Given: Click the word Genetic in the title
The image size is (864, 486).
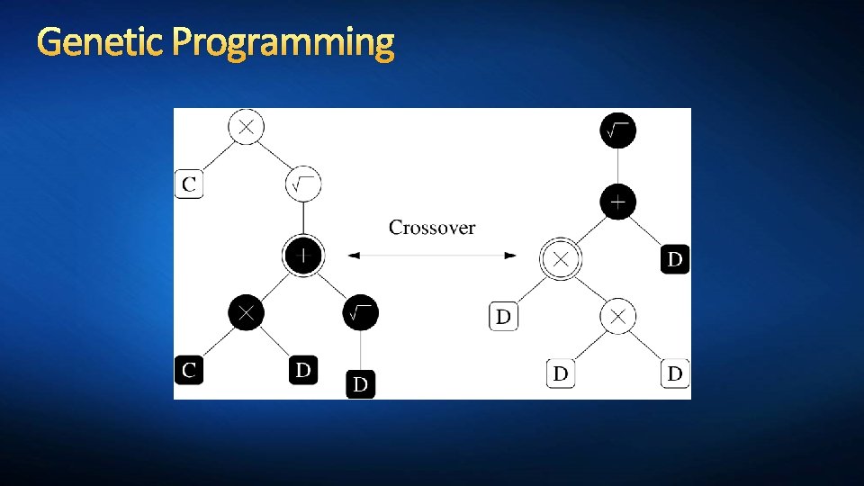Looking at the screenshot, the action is [x=101, y=42].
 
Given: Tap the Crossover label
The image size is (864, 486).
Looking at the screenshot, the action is [x=432, y=228].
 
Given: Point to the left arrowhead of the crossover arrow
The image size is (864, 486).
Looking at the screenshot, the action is [x=354, y=256].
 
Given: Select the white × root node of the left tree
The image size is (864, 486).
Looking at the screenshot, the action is [x=247, y=127].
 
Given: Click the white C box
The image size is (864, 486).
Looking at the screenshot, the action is [x=189, y=184].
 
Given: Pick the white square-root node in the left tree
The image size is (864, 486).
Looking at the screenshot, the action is [x=303, y=184].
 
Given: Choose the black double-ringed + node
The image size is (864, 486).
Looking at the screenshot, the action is [x=303, y=256].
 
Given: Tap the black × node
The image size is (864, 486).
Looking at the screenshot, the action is [x=247, y=312].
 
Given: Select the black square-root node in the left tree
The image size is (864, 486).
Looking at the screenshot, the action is [x=360, y=312].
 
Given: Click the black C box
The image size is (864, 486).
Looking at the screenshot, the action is [x=189, y=369].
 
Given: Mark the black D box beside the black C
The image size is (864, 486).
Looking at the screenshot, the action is [x=303, y=369].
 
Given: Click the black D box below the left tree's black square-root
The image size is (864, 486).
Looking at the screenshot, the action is [x=360, y=384].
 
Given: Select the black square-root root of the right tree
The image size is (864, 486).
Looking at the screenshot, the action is [x=617, y=132].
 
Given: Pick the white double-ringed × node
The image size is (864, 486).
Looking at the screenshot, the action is [x=561, y=260].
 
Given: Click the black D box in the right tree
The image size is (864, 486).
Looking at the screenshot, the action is [x=675, y=260].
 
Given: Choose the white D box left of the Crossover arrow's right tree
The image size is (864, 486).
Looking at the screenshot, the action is [x=504, y=317].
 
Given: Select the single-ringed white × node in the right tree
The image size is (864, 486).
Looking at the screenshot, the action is [x=617, y=317].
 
